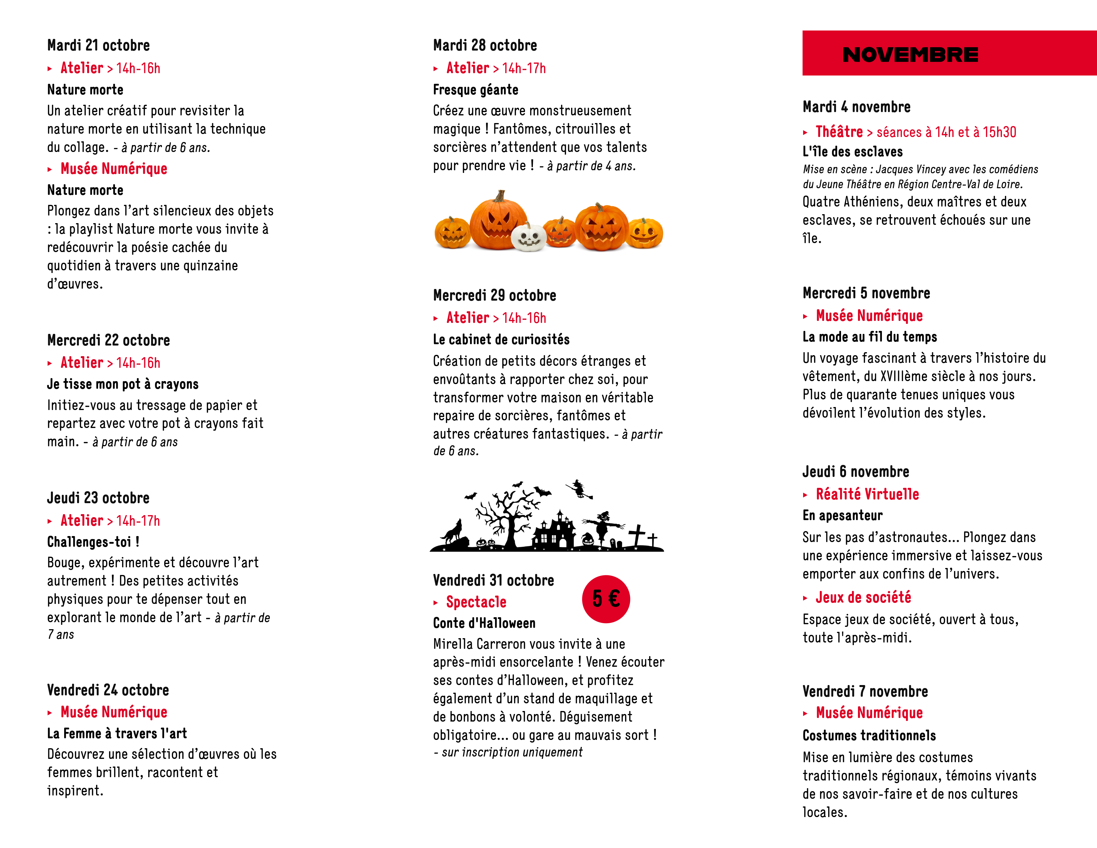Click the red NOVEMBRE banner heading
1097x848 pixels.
point(910,54)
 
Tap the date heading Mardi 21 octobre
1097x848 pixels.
point(98,45)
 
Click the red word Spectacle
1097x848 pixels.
point(476,602)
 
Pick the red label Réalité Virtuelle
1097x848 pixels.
point(867,494)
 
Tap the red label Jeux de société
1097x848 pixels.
point(863,597)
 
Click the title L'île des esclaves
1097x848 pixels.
point(852,152)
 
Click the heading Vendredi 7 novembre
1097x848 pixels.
point(865,691)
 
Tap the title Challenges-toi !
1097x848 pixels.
point(93,542)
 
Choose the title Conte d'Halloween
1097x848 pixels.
point(484,624)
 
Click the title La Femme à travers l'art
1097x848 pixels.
point(117,734)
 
